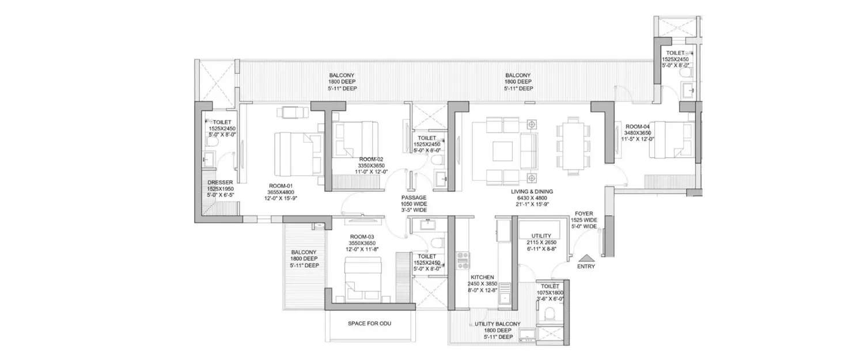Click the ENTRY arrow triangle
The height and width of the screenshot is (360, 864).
coord(586,257)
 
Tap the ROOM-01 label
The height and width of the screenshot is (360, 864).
coord(281,186)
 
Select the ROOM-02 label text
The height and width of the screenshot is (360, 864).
coord(371,159)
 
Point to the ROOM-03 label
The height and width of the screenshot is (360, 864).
coord(361,236)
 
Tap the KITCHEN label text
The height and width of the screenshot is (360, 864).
coord(482,277)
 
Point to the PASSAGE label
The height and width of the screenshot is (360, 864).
coord(414,197)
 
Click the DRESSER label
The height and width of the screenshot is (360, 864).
coord(219,183)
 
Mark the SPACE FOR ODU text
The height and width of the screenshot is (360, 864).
coord(369,324)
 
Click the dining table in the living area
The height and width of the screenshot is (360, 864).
coord(573,145)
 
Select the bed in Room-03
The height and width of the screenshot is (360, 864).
coord(363,276)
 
